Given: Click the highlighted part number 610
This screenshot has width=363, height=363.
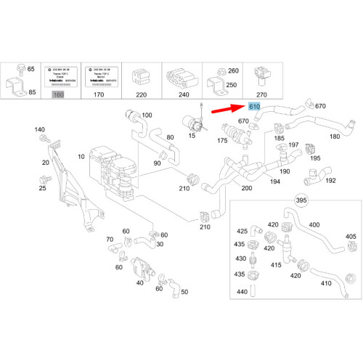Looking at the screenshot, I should coord(254,107).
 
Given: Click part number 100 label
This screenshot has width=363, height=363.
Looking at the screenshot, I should coord(147,115).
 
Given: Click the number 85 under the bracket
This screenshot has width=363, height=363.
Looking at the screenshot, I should coord(31,91).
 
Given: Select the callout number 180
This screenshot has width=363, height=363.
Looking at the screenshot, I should coord(335,136).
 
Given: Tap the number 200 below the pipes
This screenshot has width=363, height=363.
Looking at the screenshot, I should coord(248,187).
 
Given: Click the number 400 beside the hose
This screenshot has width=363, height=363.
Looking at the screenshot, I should coord(314,225).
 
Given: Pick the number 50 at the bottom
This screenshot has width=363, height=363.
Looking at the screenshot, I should coord(164,291).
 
